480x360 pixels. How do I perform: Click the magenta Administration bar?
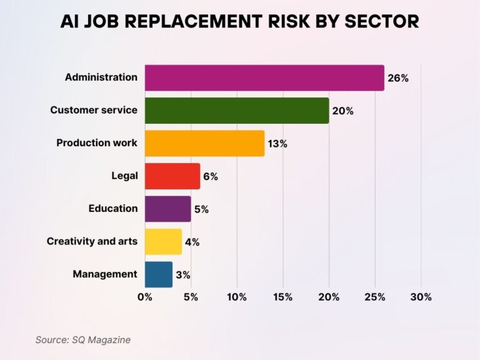(264, 78)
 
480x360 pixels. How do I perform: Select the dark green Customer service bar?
(237, 111)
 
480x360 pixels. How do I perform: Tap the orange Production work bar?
(204, 143)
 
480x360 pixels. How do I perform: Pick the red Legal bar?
(172, 176)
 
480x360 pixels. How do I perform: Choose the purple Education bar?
(167, 209)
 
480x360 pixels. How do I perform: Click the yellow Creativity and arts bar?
(163, 241)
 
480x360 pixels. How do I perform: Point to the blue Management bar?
(158, 274)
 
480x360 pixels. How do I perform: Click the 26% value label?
(399, 79)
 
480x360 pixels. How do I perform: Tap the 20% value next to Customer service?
(343, 111)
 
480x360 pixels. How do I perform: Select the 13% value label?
(277, 144)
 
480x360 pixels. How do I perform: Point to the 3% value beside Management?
(183, 274)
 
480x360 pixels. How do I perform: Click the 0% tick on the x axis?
(145, 297)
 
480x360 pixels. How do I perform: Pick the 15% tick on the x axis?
(282, 297)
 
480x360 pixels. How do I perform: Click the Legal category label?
(124, 176)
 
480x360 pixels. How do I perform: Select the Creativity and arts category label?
(92, 241)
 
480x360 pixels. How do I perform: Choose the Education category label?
(113, 209)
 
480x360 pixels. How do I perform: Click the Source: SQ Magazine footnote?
(83, 339)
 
